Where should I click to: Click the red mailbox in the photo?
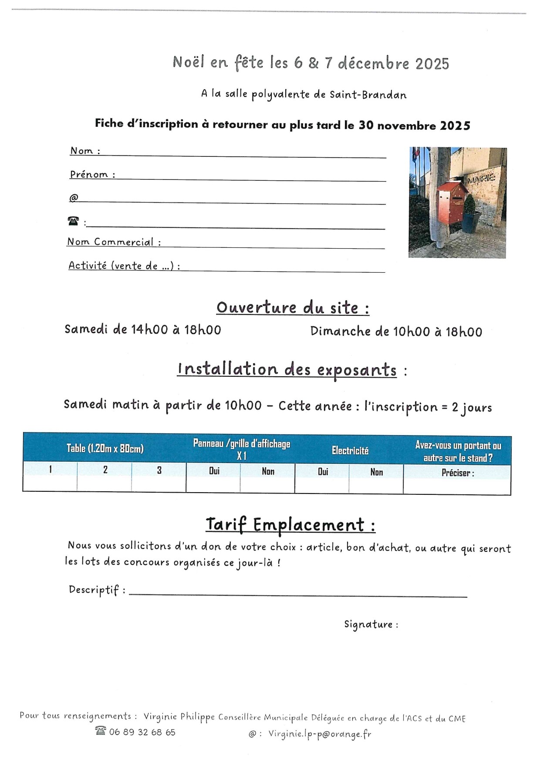click(x=452, y=201)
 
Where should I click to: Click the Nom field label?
click(x=82, y=151)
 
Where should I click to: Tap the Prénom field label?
click(x=89, y=174)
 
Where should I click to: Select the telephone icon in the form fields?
click(x=73, y=221)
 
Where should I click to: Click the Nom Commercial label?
click(x=111, y=242)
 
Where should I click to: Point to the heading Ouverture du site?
click(x=293, y=308)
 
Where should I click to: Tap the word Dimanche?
click(x=340, y=331)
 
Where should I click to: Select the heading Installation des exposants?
click(x=287, y=369)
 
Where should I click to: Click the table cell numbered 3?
click(x=159, y=470)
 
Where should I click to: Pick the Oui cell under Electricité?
click(x=323, y=472)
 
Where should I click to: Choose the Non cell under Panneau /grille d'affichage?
click(x=268, y=471)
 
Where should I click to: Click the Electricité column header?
click(x=350, y=450)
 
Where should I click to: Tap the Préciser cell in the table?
click(x=457, y=473)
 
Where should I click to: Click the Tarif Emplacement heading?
click(x=290, y=524)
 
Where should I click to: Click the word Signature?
click(x=368, y=624)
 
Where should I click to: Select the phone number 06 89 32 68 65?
click(x=142, y=732)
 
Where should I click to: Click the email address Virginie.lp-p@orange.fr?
click(x=320, y=734)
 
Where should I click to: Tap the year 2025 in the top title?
click(x=432, y=64)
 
